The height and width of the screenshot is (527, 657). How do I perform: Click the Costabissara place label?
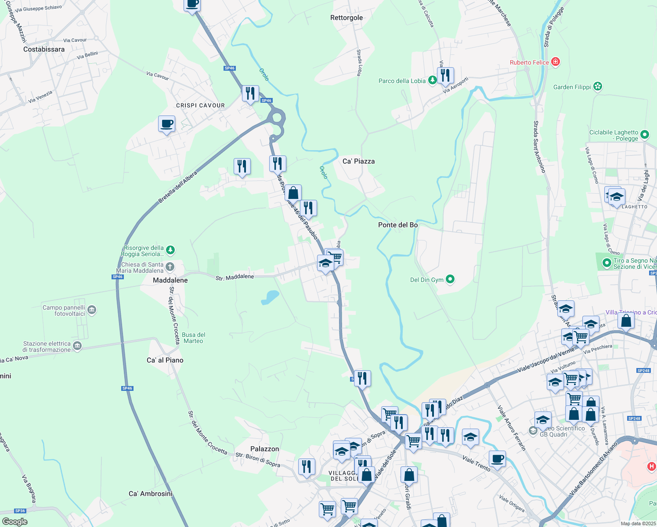(x=44, y=49)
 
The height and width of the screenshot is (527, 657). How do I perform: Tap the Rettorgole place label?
(x=347, y=18)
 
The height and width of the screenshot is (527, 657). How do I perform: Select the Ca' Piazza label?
(x=358, y=161)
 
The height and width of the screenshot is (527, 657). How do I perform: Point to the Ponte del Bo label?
(x=398, y=225)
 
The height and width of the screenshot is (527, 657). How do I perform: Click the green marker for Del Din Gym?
(x=450, y=279)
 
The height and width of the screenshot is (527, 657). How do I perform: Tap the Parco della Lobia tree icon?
(x=433, y=80)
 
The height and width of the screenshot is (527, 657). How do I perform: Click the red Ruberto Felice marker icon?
(x=556, y=62)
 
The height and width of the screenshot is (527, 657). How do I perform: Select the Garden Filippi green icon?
(x=597, y=87)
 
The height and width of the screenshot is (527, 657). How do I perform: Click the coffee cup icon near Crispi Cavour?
(x=166, y=124)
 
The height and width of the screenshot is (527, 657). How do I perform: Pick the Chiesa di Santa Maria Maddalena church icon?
(x=170, y=267)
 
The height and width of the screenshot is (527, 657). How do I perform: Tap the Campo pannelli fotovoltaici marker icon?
(x=92, y=310)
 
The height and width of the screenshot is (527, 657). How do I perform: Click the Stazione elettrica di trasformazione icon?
(x=77, y=346)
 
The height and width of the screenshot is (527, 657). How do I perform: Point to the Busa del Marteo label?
(x=193, y=338)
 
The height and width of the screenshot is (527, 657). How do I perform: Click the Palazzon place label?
(x=264, y=449)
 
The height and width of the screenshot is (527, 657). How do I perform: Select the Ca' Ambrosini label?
(x=151, y=494)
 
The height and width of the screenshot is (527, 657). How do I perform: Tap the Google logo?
(x=14, y=522)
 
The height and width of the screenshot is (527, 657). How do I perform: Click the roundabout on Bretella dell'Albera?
(x=277, y=117)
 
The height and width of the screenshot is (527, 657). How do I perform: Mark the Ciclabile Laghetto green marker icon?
(x=645, y=135)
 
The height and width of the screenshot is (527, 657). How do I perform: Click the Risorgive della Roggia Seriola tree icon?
(x=170, y=250)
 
